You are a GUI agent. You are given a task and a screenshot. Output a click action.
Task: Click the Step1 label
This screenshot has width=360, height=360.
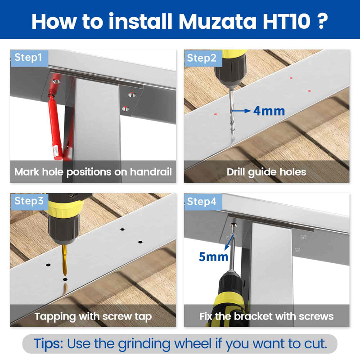coord(28,58)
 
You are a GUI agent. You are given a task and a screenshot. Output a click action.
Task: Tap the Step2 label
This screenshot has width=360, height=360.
coord(202,58)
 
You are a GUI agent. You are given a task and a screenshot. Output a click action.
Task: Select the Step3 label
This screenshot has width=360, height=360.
coord(28,201)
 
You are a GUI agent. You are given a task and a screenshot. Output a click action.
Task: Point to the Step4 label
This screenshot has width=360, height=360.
coord(202,201)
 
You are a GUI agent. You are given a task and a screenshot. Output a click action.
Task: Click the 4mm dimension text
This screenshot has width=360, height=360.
coord(269,110)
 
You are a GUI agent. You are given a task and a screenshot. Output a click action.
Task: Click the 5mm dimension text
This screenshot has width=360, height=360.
coord(214,257)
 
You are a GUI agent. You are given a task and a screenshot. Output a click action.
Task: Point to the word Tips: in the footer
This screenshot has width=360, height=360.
coord(49,344)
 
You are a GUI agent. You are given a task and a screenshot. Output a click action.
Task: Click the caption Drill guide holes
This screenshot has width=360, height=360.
coord(266,172)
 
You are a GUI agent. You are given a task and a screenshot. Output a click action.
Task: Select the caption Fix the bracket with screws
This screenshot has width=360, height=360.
coord(266,316)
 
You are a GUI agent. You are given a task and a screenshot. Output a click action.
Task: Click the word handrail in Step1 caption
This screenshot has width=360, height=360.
coord(151,172)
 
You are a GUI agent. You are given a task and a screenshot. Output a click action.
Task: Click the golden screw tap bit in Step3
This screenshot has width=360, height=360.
coord(64,261)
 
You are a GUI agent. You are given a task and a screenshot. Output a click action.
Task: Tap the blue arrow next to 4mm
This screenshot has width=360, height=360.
coord(242,110)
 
